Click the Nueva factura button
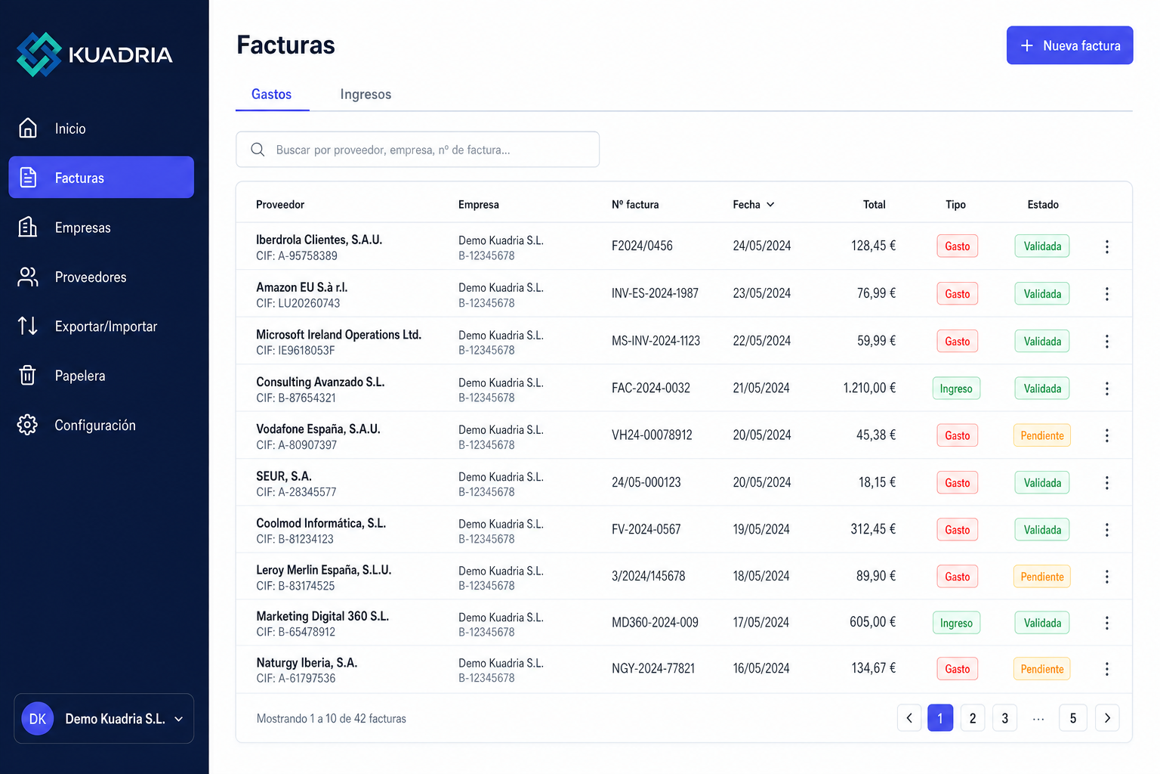coord(1069,45)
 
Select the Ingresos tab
coord(366,94)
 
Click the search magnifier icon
coord(258,150)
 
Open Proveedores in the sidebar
coord(90,277)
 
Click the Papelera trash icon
coord(27,376)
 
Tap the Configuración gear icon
coord(27,425)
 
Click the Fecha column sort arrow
coord(770,205)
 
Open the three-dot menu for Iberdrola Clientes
coord(1106,246)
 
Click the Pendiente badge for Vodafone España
coord(1042,435)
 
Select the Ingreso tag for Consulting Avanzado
coord(956,389)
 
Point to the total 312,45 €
coord(872,529)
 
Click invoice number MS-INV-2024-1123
coord(656,341)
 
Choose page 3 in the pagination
coord(1004,718)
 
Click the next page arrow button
coord(1107,718)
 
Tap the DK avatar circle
coord(37,719)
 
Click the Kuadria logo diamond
coord(39,54)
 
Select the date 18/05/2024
coord(760,576)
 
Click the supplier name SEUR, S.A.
coord(284,476)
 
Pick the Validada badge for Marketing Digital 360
coord(1042,623)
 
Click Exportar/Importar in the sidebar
coord(106,326)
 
